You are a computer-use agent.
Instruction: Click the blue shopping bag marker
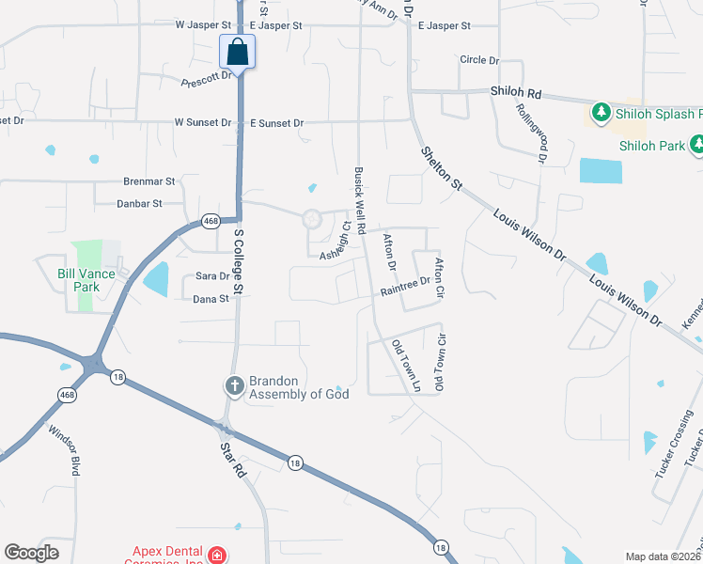click(238, 51)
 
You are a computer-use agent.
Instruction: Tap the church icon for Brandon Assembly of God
click(234, 385)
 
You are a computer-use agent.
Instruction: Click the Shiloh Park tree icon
click(697, 146)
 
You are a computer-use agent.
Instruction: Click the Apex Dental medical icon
click(218, 556)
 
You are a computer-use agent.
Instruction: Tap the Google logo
click(31, 553)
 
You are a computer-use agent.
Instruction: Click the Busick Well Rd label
click(359, 195)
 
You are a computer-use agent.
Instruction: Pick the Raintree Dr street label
click(405, 287)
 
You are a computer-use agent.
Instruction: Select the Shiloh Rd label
click(517, 94)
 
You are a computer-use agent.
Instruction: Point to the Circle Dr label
click(479, 60)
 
